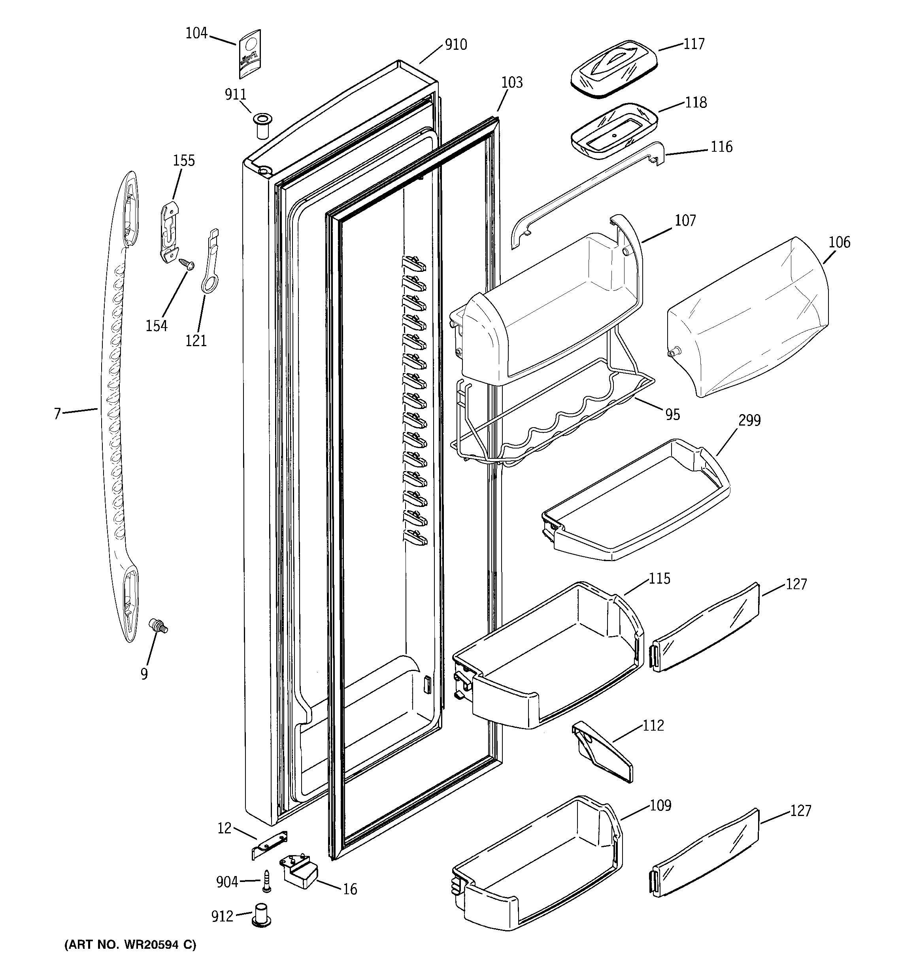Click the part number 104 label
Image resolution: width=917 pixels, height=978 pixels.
point(196,34)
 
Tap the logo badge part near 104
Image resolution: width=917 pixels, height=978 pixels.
point(250,54)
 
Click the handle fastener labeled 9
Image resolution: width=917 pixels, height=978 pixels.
point(158,626)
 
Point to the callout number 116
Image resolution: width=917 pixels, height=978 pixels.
point(721,147)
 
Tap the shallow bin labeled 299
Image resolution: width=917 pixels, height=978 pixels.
point(635,502)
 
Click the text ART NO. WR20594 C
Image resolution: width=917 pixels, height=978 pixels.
point(130,944)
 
